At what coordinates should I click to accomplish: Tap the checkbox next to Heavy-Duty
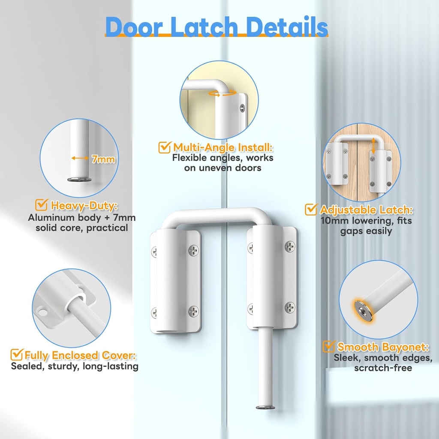pos(41,204)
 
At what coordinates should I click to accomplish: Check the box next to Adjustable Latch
pos(311,210)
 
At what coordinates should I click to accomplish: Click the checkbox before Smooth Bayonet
pos(329,346)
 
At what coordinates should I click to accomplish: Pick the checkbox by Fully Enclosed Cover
pos(17,355)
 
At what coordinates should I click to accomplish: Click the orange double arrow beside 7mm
pos(80,158)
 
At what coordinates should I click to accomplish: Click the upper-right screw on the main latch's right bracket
pos(290,247)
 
